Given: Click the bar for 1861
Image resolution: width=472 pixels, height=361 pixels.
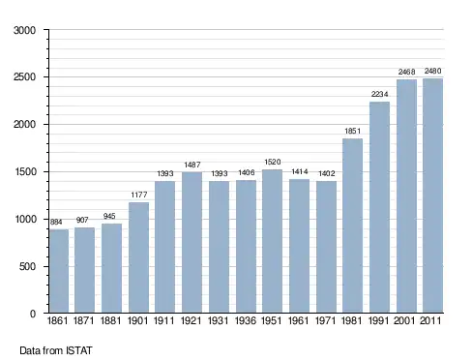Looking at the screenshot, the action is [x=59, y=271].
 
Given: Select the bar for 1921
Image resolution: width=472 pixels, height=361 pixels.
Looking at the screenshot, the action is [x=192, y=242].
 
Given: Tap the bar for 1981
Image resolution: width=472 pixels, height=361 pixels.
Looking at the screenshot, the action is [x=352, y=226].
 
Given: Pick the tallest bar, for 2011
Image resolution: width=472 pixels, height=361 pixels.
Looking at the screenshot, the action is [x=432, y=196].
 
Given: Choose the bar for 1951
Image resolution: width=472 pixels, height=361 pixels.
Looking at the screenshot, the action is [x=272, y=241].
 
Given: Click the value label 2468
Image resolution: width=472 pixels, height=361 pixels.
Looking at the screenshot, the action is [x=406, y=72].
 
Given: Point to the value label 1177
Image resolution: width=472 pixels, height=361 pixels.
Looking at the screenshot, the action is [x=139, y=195].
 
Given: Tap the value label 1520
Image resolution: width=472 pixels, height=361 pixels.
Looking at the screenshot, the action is [x=273, y=162].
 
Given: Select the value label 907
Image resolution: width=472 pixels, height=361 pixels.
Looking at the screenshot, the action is [x=82, y=220].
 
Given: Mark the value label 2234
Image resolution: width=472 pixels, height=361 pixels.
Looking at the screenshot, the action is [x=379, y=94].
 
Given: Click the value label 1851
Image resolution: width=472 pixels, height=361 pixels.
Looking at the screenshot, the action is [x=352, y=131].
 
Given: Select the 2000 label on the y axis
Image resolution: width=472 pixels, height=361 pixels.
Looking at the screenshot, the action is [x=24, y=125].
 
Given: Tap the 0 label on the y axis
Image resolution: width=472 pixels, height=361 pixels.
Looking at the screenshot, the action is [x=33, y=314].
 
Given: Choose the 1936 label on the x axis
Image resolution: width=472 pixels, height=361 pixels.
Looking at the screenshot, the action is [x=246, y=320].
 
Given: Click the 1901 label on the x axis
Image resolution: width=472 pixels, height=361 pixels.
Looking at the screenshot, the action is [x=137, y=320].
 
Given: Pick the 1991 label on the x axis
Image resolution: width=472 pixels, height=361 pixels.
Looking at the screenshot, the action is [x=379, y=320].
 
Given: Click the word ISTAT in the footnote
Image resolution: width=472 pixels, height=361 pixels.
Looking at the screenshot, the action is [x=79, y=350].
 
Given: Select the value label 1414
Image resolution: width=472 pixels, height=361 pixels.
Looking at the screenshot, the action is [x=300, y=171].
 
